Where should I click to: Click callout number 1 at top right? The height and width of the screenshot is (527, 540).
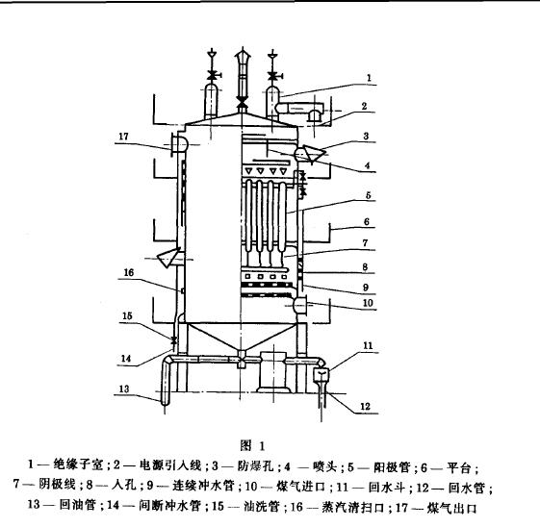[x=368, y=76]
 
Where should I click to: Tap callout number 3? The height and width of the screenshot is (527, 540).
[x=367, y=138]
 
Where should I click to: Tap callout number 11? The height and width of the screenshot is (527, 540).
[x=367, y=344]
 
